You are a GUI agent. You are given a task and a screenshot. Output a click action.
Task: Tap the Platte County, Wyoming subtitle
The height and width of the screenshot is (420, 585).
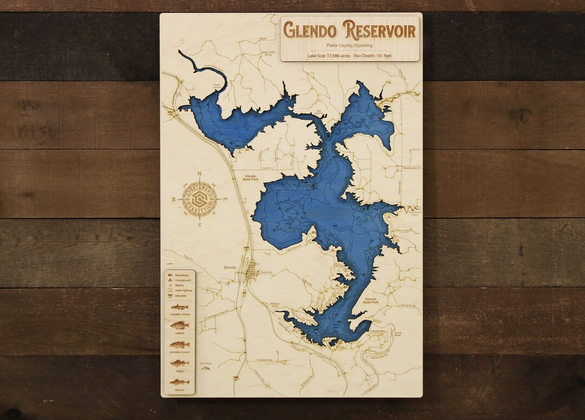(349, 45)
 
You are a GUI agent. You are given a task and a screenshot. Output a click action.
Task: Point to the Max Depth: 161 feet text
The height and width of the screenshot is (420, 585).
(373, 56)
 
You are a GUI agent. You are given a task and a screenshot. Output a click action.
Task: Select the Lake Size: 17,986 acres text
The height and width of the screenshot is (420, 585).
(329, 56)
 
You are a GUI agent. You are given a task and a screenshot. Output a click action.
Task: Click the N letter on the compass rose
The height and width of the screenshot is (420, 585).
(199, 174)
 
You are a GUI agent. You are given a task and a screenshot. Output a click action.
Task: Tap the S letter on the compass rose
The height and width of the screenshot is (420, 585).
(199, 225)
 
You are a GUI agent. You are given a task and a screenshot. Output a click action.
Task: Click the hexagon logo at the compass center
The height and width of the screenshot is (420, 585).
(199, 199)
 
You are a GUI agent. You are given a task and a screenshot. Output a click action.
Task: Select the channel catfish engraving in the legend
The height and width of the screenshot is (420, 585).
(179, 307)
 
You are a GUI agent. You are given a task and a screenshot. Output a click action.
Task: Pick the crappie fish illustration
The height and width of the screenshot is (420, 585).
(179, 325)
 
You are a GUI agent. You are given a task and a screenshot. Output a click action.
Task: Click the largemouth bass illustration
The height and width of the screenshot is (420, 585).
(179, 344)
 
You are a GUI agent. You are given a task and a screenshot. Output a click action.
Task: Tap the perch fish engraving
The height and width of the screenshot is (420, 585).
(179, 363)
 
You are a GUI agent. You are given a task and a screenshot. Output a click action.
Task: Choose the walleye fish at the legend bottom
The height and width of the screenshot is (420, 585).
(179, 382)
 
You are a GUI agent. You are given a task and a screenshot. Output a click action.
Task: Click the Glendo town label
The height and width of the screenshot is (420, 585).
(231, 267)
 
